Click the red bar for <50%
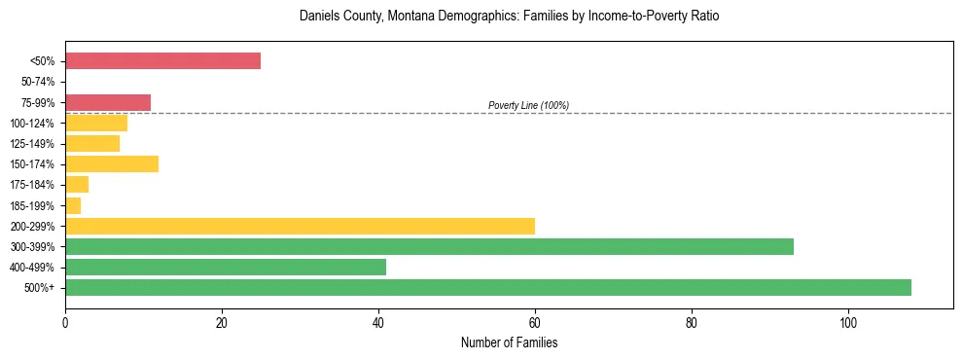162,61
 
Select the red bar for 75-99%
108,102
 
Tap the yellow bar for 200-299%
300,226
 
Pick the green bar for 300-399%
429,246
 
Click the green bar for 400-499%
226,267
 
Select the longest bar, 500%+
488,287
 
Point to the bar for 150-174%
112,163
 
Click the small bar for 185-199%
73,205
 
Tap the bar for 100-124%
96,123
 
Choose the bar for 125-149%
92,143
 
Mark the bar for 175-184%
77,185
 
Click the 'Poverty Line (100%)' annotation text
528,105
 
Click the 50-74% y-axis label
38,82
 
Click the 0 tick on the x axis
65,322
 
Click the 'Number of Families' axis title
509,342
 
